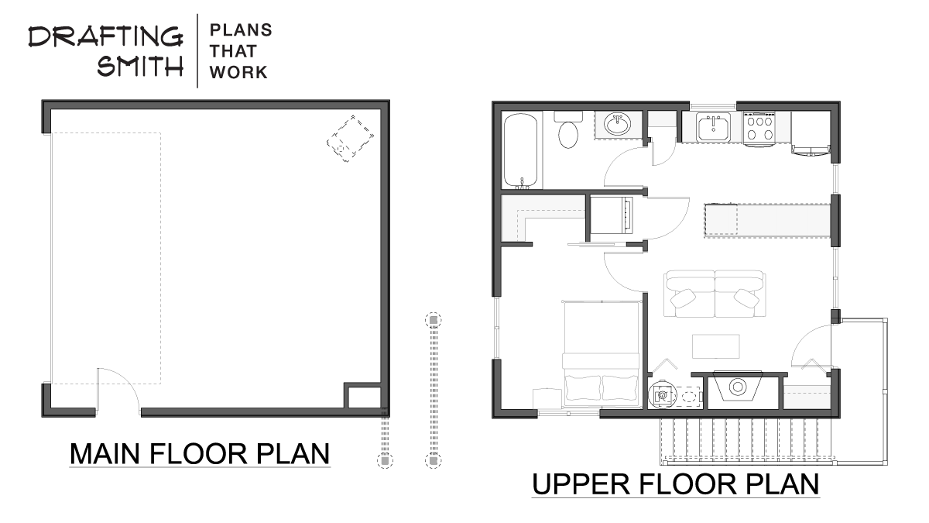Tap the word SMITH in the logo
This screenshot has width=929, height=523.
click(x=140, y=66)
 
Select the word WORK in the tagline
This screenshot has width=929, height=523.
click(x=238, y=73)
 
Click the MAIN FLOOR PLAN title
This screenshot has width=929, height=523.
click(x=200, y=454)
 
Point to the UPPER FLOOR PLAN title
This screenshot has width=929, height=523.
click(x=676, y=484)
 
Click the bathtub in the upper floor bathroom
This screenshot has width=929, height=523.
click(x=520, y=151)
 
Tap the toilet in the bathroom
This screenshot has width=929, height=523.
click(x=568, y=129)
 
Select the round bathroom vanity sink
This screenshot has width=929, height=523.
click(x=618, y=124)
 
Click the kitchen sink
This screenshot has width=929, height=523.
click(x=713, y=126)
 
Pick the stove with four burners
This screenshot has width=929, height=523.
click(x=759, y=129)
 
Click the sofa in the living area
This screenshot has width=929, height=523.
click(x=715, y=294)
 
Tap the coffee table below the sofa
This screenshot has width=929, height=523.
click(x=716, y=346)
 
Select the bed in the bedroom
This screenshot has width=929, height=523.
click(x=601, y=353)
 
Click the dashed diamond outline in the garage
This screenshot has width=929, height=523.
click(x=350, y=139)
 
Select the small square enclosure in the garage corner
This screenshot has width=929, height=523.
click(x=362, y=396)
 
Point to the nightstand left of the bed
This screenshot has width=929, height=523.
click(x=547, y=398)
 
